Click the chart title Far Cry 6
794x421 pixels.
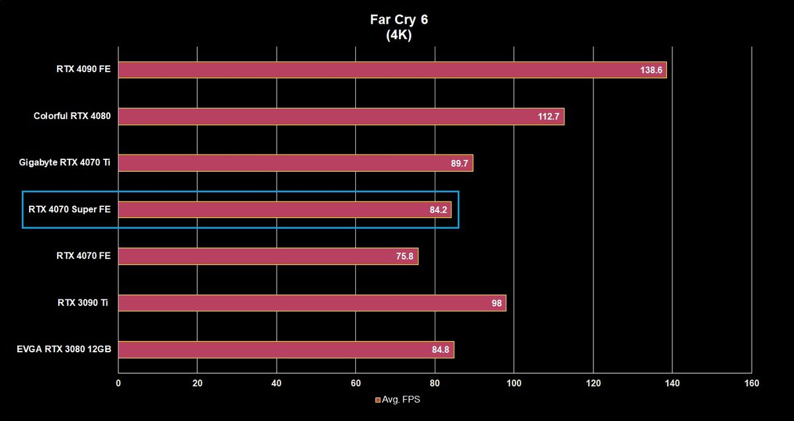click(x=399, y=20)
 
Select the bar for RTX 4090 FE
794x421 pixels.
click(x=392, y=70)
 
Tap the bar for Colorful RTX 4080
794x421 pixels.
click(x=341, y=116)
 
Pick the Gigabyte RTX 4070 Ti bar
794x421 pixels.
click(x=296, y=163)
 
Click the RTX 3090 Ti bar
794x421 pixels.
click(x=312, y=303)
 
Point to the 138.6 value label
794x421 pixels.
click(x=651, y=70)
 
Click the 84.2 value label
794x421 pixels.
click(x=438, y=210)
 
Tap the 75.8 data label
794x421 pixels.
click(x=404, y=256)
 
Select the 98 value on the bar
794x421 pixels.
click(x=497, y=303)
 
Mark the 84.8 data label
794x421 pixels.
click(x=440, y=350)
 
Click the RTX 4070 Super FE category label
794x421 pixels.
click(x=69, y=210)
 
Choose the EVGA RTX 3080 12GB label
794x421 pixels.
click(x=64, y=349)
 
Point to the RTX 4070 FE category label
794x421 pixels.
click(x=83, y=256)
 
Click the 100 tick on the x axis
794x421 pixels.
click(x=513, y=383)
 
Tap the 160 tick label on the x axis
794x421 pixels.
click(x=752, y=383)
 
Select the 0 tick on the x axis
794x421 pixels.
click(x=118, y=383)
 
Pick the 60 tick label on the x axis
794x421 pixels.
click(x=355, y=383)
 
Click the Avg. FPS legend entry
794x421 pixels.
click(x=398, y=400)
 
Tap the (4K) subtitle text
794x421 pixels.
click(x=399, y=35)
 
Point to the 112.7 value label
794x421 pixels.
click(x=549, y=116)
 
